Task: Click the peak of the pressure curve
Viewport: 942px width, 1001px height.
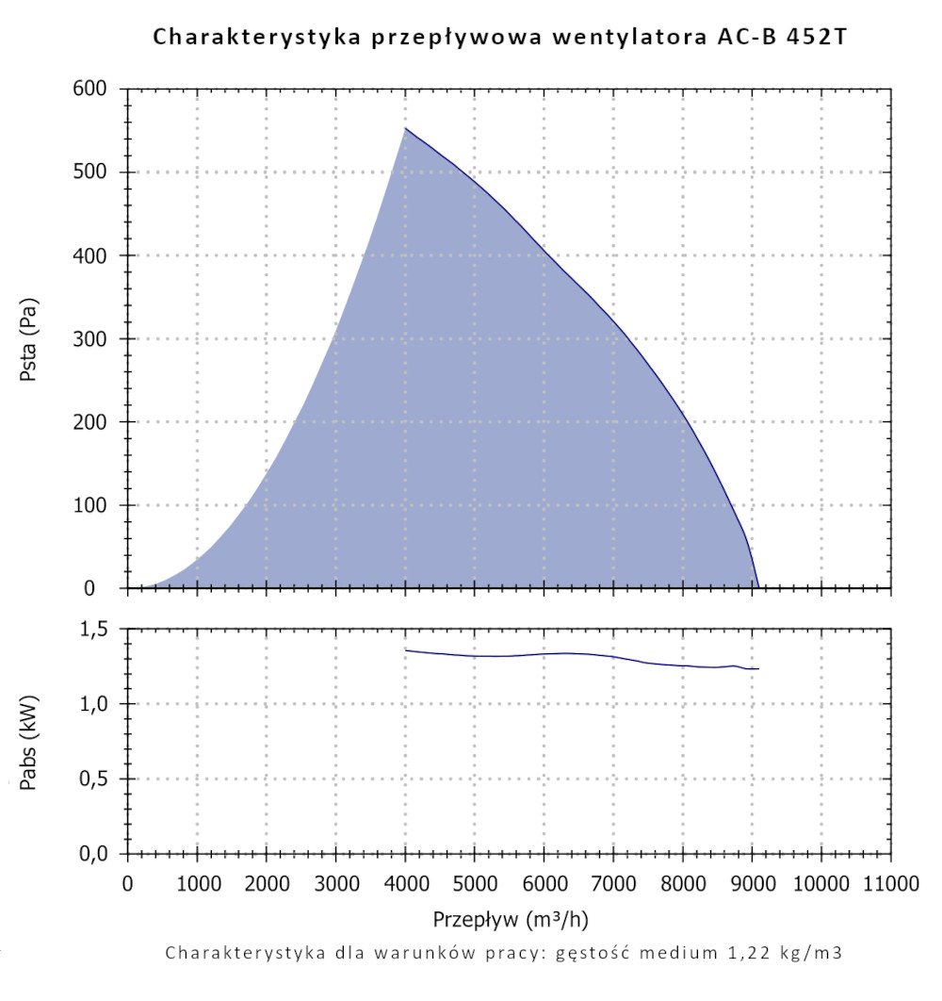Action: pyautogui.click(x=405, y=128)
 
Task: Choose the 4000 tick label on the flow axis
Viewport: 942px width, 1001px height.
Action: pyautogui.click(x=405, y=883)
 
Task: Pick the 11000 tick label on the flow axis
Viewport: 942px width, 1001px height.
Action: pyautogui.click(x=890, y=883)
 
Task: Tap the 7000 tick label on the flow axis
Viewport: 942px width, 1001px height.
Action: pyautogui.click(x=613, y=883)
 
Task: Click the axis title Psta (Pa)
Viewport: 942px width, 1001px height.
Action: pyautogui.click(x=29, y=338)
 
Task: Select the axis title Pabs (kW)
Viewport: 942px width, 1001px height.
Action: pyautogui.click(x=29, y=740)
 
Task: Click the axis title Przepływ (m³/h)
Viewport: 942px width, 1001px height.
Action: pyautogui.click(x=512, y=918)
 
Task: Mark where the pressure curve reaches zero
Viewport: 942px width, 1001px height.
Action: pyautogui.click(x=758, y=587)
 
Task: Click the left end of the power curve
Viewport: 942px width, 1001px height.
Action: pyautogui.click(x=406, y=649)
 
